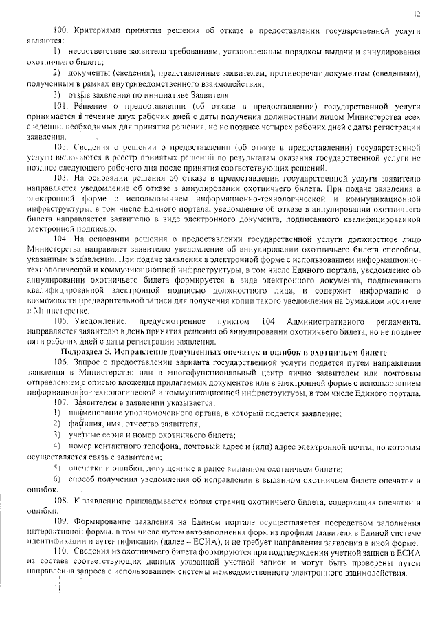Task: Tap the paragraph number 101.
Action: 60,107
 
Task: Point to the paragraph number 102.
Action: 60,146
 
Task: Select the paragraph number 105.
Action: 60,322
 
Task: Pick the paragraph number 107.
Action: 60,402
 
